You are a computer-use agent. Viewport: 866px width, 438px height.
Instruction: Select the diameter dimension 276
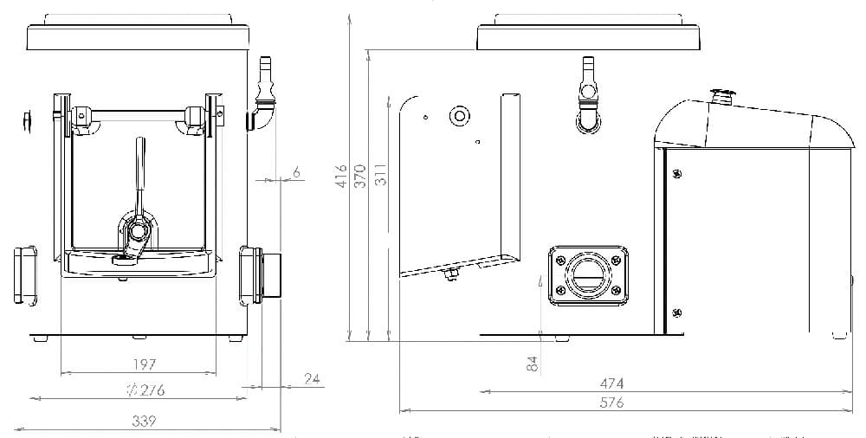145,390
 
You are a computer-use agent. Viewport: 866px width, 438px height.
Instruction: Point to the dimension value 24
312,378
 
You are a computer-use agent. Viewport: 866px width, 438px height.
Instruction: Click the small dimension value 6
296,173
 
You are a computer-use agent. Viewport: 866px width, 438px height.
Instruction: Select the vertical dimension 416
342,176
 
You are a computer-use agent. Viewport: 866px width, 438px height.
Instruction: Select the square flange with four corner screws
586,275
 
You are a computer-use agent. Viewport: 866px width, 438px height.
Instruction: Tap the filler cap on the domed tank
721,94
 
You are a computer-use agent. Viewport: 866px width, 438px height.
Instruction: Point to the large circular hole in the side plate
458,115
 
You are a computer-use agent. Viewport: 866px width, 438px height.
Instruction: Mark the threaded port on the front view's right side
263,275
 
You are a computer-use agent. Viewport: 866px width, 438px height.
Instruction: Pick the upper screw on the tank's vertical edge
675,174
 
